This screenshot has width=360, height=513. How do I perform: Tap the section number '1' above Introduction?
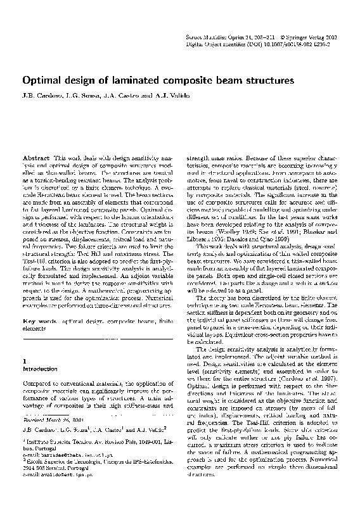click(24, 359)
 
